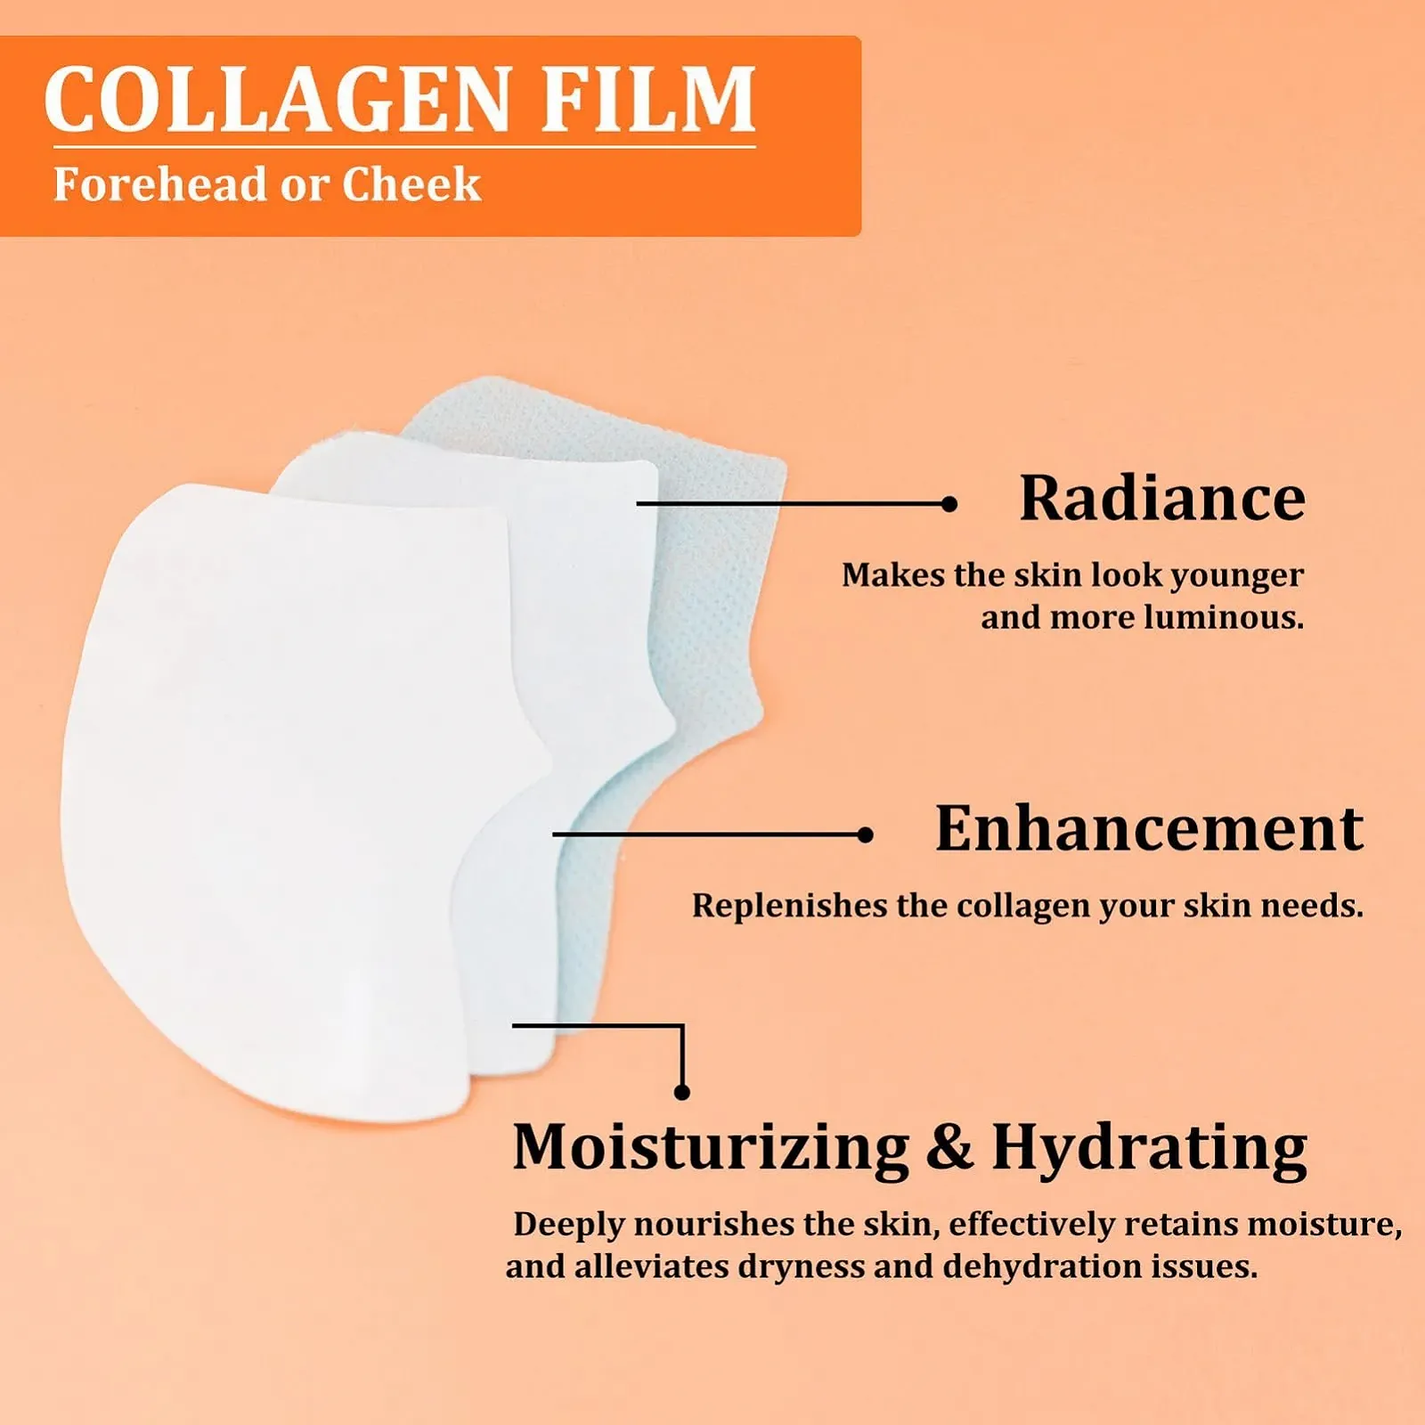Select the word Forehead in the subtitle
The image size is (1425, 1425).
coord(160,184)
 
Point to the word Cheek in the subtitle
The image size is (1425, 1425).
coord(411,184)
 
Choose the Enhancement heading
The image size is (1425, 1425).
coord(1149,828)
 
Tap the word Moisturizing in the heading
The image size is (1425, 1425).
coord(711,1149)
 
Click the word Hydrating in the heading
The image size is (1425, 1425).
coord(1149,1149)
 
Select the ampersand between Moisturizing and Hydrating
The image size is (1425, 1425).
coord(949,1147)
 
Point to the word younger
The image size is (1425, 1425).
coord(1236,577)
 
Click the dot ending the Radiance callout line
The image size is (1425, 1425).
coord(949,504)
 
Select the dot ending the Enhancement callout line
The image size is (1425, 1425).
coord(865,835)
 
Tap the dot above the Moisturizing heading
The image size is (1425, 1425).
coord(682,1092)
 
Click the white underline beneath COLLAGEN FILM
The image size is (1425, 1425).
coord(404,147)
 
